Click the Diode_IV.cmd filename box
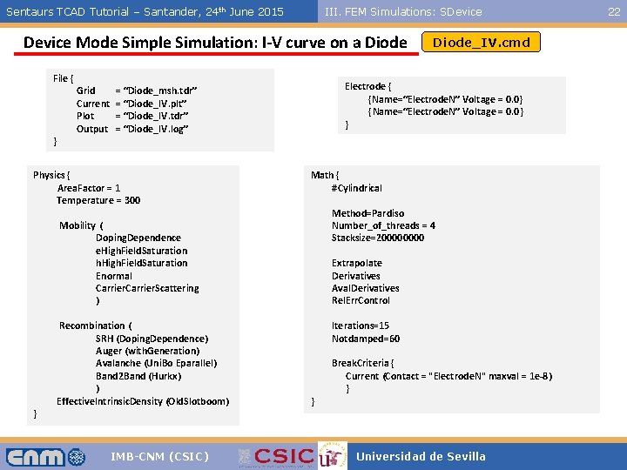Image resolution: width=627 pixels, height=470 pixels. pyautogui.click(x=481, y=42)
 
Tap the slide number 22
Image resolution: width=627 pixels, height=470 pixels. pyautogui.click(x=614, y=11)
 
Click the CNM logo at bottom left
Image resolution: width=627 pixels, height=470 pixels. pyautogui.click(x=46, y=456)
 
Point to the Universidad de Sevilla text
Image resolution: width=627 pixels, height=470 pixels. pyautogui.click(x=421, y=456)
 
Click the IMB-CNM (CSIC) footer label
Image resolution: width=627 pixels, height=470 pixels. pyautogui.click(x=159, y=456)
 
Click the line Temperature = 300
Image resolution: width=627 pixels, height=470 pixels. pyautogui.click(x=98, y=200)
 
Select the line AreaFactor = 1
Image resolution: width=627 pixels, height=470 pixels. pyautogui.click(x=89, y=188)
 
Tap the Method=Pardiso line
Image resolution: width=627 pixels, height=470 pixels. pyautogui.click(x=367, y=213)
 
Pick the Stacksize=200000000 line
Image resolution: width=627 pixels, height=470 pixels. pyautogui.click(x=378, y=238)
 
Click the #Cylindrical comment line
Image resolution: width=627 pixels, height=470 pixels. pyautogui.click(x=356, y=188)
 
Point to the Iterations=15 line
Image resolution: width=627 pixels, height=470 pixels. pyautogui.click(x=361, y=326)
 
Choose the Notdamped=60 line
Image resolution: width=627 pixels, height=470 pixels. pyautogui.click(x=366, y=339)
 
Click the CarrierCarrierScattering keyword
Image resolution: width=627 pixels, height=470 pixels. pyautogui.click(x=147, y=288)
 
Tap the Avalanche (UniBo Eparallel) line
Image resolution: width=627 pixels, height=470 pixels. pyautogui.click(x=156, y=363)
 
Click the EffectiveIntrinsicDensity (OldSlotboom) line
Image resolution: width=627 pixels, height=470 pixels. pyautogui.click(x=143, y=401)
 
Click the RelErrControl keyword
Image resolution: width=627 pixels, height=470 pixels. pyautogui.click(x=361, y=300)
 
